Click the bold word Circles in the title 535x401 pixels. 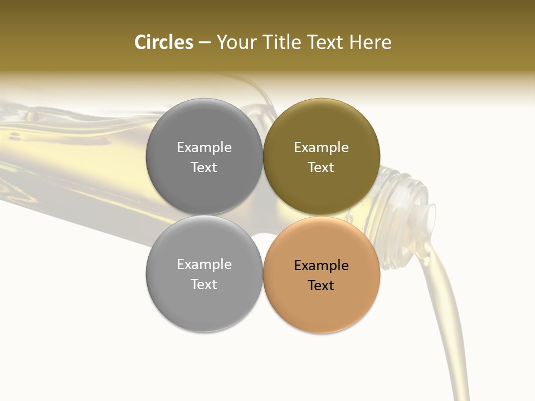pos(163,42)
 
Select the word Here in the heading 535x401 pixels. pos(370,42)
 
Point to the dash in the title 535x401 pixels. pos(205,43)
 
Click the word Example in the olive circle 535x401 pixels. pos(321,148)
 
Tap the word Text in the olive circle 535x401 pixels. pos(321,168)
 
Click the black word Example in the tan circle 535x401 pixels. pos(321,266)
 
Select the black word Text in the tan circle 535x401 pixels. pos(321,286)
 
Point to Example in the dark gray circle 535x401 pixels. pos(204,148)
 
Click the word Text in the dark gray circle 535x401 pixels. pos(204,168)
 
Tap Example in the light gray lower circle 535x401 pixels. pos(204,265)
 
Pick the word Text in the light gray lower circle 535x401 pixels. pos(204,285)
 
